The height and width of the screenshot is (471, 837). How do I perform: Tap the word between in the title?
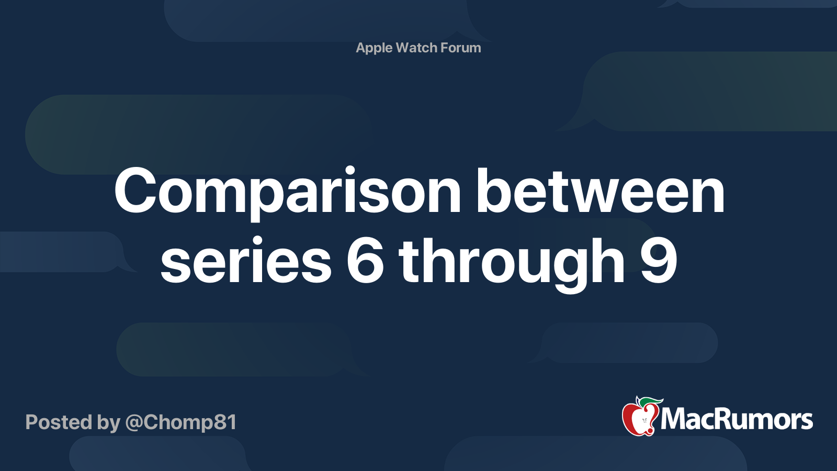(600, 192)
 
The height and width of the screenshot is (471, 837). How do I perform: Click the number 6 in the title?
(365, 261)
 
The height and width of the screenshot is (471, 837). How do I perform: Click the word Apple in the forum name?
(374, 48)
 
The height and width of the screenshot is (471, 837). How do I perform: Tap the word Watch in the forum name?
(416, 48)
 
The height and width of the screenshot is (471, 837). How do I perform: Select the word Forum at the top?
(460, 48)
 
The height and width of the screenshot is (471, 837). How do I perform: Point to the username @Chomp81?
(181, 422)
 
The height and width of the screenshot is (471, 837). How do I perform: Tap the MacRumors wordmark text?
(737, 419)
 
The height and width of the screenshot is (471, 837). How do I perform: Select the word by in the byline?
(108, 423)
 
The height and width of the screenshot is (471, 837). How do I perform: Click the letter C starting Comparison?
(137, 192)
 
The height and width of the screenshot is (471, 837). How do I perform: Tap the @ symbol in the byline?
(134, 423)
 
